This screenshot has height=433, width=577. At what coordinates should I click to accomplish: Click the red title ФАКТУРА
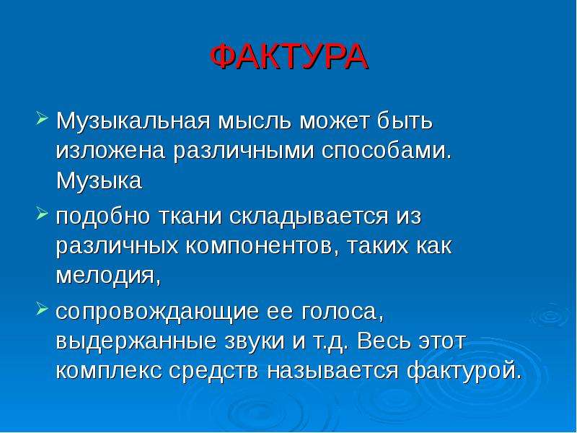point(289,57)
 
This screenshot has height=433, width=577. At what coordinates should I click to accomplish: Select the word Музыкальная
point(133,121)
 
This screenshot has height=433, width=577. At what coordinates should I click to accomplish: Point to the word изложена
point(110,151)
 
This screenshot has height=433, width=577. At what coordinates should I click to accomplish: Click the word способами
point(386,151)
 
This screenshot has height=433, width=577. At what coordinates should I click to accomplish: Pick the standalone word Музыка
point(99,181)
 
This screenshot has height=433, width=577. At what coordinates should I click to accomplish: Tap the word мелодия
point(109,276)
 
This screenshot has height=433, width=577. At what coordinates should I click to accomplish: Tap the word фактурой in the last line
point(464,371)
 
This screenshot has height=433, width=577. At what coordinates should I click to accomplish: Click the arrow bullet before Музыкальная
point(43,119)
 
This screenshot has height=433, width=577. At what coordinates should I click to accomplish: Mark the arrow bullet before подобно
point(43,214)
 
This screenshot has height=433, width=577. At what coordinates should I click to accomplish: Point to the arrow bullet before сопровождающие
point(43,310)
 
